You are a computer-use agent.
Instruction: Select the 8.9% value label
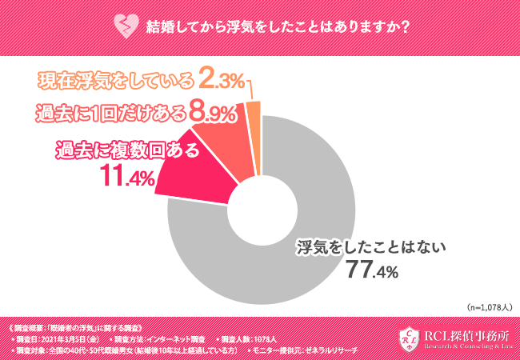pos(212,113)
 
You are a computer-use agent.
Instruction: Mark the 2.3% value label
pos(221,80)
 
